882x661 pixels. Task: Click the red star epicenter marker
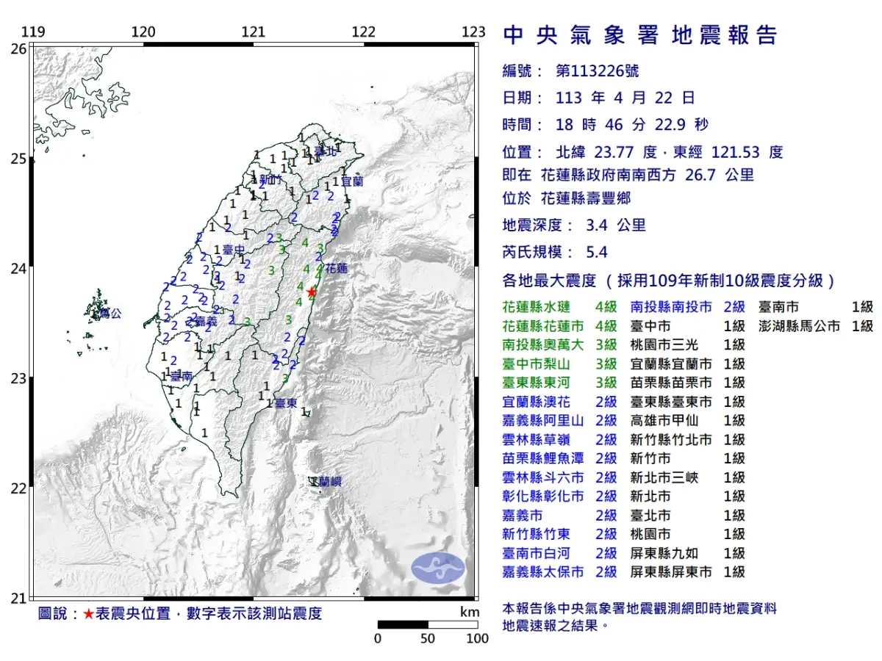coord(312,292)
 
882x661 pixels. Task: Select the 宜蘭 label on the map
coord(352,180)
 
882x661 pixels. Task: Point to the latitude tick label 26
coord(18,49)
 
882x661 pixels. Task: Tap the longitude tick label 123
coord(474,32)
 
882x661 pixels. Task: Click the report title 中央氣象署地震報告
coord(639,35)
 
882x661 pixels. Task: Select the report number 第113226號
coord(597,71)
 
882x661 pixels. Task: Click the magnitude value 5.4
coord(597,253)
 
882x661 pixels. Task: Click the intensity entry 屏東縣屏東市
coord(671,571)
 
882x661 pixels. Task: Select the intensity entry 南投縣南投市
coord(671,306)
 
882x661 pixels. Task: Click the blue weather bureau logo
coord(438,567)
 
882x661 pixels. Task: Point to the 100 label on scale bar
coord(477,638)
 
